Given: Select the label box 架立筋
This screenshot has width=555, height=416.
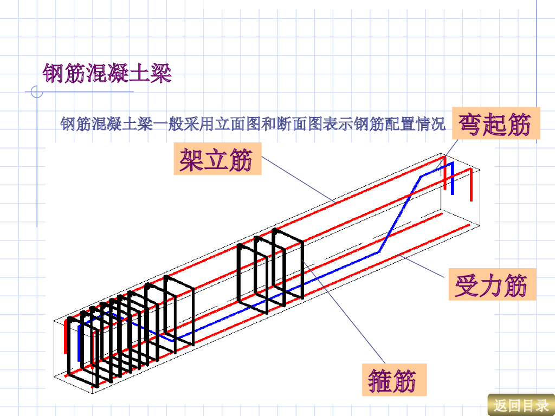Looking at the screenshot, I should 217,159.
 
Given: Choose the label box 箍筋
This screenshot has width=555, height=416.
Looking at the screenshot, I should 394,380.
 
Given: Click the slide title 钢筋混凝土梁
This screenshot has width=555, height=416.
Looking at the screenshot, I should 107,73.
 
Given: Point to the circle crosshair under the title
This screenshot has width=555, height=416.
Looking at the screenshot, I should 37,92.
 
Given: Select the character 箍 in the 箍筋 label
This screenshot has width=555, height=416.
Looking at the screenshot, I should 379,380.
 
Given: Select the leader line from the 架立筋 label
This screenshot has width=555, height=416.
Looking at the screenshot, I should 298,179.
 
